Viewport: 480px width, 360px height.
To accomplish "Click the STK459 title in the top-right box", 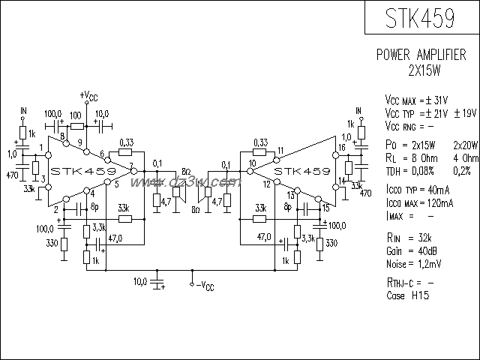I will click(x=421, y=16).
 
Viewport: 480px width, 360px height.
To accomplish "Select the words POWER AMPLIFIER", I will click(x=422, y=56).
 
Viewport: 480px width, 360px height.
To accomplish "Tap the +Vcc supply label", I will click(x=88, y=96).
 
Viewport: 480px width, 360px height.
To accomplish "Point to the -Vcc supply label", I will click(x=204, y=286).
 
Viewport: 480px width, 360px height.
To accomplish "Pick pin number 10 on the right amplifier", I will click(x=253, y=163).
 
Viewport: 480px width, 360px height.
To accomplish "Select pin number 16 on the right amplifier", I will click(x=342, y=148).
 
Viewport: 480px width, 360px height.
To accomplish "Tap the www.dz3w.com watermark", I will click(x=194, y=182).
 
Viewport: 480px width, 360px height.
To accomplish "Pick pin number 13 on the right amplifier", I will click(x=290, y=195).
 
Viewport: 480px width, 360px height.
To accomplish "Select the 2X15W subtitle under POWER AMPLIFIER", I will click(x=422, y=70).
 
